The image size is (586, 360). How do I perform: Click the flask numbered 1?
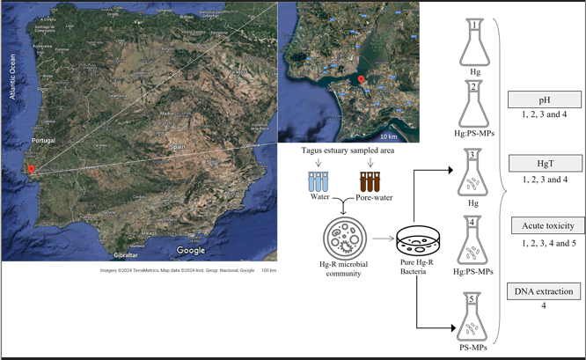(474, 45)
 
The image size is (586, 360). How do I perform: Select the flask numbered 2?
(473, 104)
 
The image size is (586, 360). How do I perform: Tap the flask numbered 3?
(473, 173)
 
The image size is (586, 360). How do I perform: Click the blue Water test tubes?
(317, 182)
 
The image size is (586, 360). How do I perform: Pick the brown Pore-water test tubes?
(367, 182)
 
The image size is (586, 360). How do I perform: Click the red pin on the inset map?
(361, 82)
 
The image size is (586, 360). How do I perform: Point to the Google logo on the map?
(190, 251)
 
